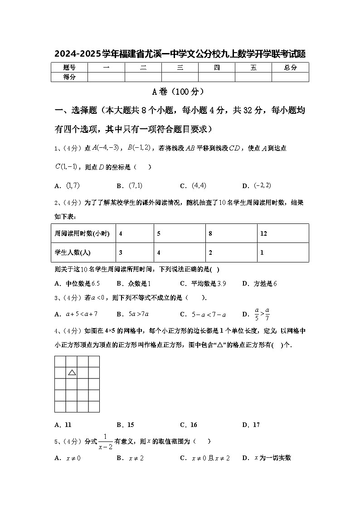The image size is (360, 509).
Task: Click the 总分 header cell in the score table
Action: pyautogui.click(x=290, y=68)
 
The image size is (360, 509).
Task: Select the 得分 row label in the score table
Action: pyautogui.click(x=69, y=77)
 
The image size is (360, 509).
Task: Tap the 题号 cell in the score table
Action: pyautogui.click(x=69, y=68)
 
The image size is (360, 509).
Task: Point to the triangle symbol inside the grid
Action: pyautogui.click(x=72, y=373)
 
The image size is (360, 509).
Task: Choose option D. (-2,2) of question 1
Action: pyautogui.click(x=257, y=185)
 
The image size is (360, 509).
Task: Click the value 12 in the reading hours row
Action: pyautogui.click(x=264, y=234)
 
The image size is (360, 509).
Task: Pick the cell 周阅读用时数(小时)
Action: pyautogui.click(x=82, y=234)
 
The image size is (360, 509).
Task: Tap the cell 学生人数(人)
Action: pyautogui.click(x=75, y=253)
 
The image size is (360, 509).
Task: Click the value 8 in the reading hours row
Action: pyautogui.click(x=210, y=234)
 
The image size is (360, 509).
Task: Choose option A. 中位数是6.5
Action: pyautogui.click(x=77, y=284)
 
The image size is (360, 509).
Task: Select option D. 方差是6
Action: pyautogui.click(x=259, y=284)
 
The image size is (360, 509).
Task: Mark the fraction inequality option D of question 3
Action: pyautogui.click(x=257, y=314)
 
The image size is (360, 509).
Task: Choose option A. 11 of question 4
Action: pyautogui.click(x=63, y=425)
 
